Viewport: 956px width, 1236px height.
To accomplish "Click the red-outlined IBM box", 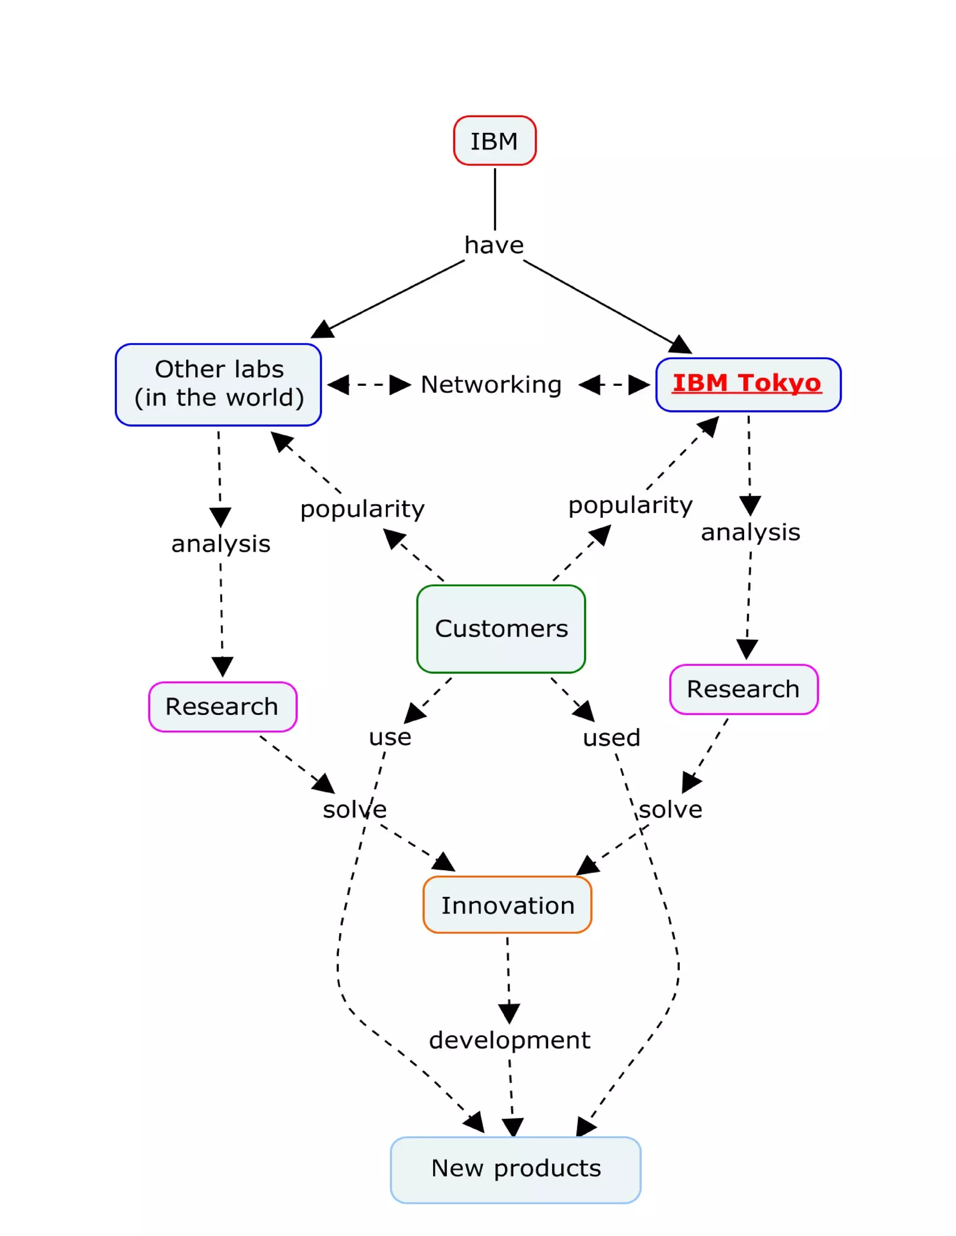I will [494, 141].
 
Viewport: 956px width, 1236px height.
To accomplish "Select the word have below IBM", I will [494, 245].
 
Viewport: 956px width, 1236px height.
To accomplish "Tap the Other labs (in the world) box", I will [218, 384].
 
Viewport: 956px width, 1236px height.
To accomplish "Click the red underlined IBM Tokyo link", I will [747, 383].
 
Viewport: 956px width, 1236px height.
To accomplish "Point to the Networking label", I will [491, 385].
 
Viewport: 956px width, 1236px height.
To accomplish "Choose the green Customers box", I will [501, 629].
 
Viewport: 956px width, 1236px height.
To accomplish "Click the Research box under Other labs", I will [222, 707].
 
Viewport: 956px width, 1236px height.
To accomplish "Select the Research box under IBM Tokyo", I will [743, 689].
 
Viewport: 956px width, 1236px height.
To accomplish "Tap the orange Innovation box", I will [507, 905].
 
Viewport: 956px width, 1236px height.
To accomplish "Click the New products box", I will [515, 1168].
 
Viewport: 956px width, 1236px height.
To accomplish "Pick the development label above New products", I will [509, 1040].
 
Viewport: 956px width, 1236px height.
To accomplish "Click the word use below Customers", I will [390, 737].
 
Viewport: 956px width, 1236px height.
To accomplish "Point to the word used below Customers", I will [612, 738].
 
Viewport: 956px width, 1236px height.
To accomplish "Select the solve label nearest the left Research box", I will [355, 810].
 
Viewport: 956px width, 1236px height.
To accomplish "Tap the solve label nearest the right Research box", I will [671, 810].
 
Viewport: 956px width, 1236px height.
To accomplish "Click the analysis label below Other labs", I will [221, 544].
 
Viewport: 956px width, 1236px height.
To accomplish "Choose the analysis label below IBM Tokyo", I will [751, 533].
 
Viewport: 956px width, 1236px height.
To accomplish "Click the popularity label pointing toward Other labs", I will [362, 509].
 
